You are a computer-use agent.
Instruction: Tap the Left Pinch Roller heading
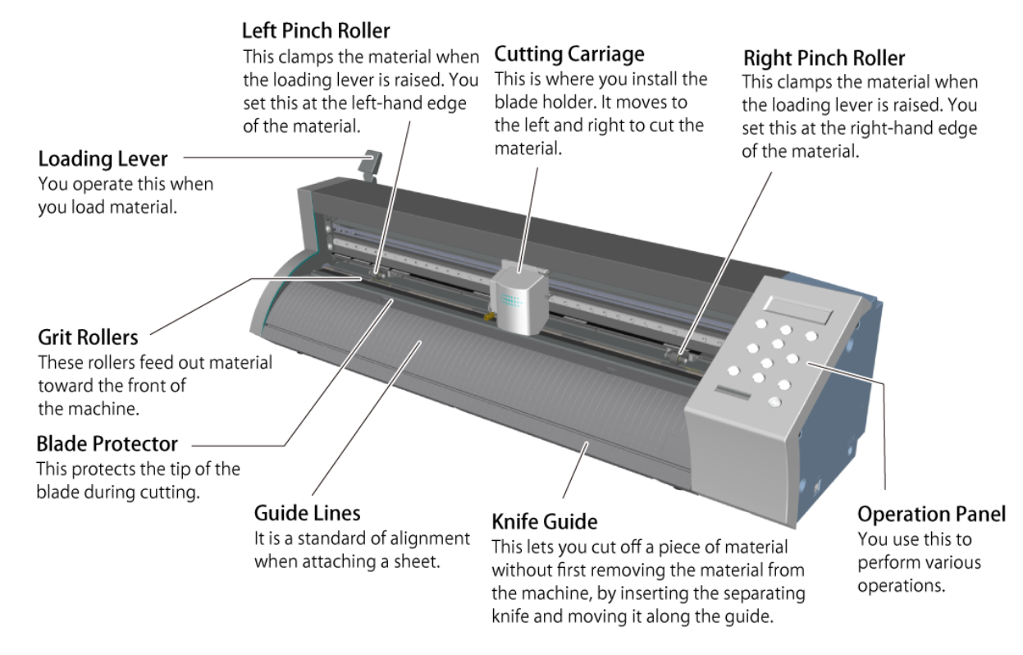click(316, 32)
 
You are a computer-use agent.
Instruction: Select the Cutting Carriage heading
click(569, 54)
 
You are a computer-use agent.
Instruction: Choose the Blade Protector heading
click(107, 444)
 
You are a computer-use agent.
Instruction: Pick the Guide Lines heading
click(307, 515)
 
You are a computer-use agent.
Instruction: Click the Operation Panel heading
click(931, 514)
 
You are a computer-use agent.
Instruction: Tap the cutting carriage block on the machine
click(518, 297)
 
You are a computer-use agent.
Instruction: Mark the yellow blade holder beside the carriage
click(485, 315)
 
